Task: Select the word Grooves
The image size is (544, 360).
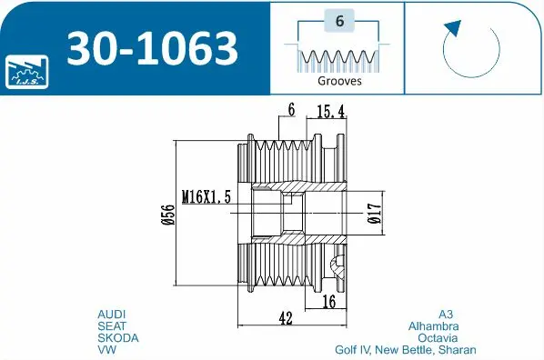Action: click(339, 81)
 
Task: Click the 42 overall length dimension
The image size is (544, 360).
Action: click(285, 319)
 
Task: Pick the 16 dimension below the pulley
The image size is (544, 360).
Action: click(329, 301)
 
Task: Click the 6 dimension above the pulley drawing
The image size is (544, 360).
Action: click(291, 110)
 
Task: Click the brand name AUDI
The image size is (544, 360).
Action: click(112, 314)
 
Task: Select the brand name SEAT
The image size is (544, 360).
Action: click(112, 325)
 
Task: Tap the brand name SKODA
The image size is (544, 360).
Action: click(117, 337)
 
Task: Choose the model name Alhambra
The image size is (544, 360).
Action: click(434, 325)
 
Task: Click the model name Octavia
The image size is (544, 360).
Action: click(438, 337)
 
